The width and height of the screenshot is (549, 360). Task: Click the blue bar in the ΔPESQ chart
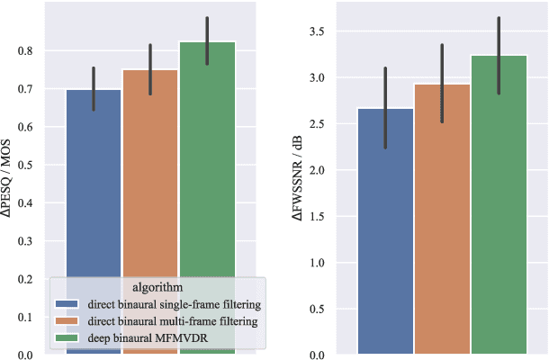coord(94,180)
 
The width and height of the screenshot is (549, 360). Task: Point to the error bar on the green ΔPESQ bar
coord(206,40)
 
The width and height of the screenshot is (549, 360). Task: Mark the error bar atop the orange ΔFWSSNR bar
coord(442,83)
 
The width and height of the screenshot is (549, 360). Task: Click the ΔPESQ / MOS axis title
coord(10,180)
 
